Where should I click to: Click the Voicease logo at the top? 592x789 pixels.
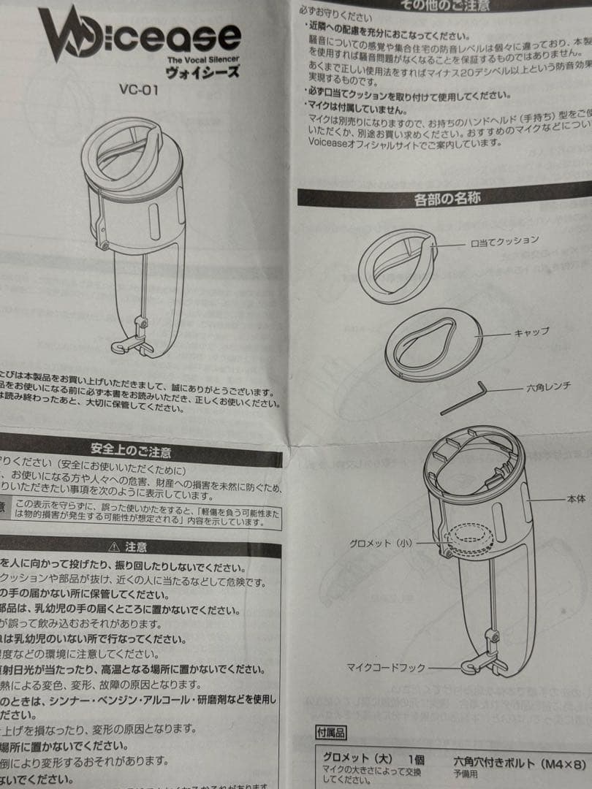click(x=139, y=35)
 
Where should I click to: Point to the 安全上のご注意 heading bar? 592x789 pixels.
click(x=132, y=451)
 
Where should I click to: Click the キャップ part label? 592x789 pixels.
click(x=531, y=331)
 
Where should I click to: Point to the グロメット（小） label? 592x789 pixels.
click(x=380, y=543)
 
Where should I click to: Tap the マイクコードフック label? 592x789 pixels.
click(x=385, y=667)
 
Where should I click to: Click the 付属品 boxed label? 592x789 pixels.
click(x=330, y=732)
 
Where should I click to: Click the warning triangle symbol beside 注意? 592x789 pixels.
click(x=113, y=546)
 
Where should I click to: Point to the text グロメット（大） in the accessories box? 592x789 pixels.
click(x=357, y=758)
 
